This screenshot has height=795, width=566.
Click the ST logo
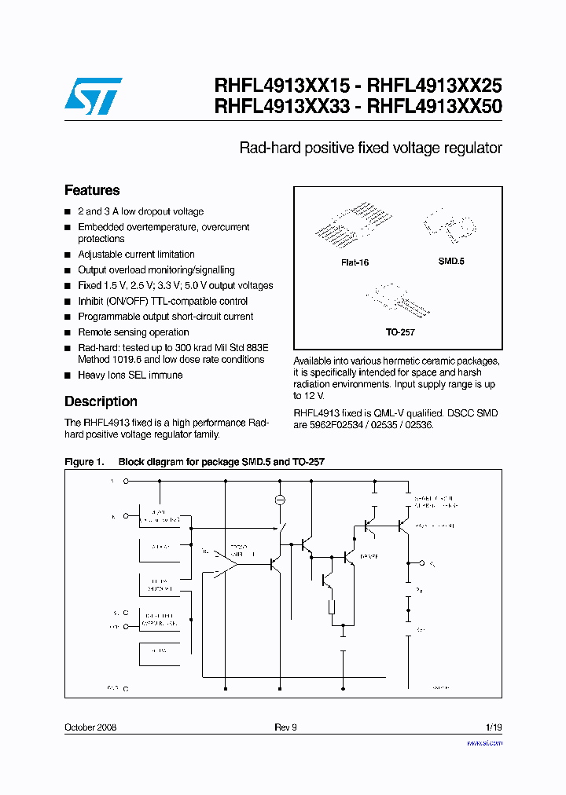click(x=93, y=96)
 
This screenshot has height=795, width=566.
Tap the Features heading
click(x=92, y=190)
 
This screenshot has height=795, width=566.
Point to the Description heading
click(x=101, y=401)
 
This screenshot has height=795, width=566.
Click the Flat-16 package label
click(x=355, y=262)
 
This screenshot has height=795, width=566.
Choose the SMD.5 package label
click(x=451, y=261)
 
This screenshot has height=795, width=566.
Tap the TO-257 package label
click(x=399, y=332)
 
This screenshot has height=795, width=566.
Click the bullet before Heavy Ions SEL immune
click(x=68, y=376)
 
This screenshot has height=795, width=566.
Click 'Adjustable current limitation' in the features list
click(x=136, y=255)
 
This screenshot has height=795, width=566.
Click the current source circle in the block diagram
click(x=280, y=500)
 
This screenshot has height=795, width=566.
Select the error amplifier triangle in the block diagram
click(x=227, y=562)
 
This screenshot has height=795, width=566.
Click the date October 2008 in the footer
click(x=90, y=727)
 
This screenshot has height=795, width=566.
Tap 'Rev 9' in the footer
click(x=285, y=727)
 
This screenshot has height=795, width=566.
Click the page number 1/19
click(x=493, y=727)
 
